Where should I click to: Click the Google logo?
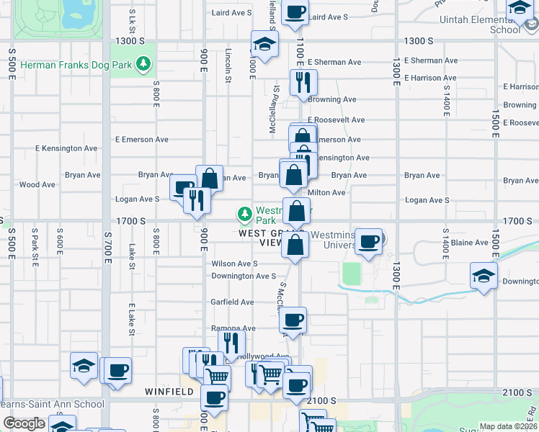(x=24, y=423)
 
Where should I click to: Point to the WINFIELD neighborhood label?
(x=169, y=392)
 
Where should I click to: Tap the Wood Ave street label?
(x=37, y=184)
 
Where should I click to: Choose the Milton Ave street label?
(x=326, y=192)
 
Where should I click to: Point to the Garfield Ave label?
(x=232, y=302)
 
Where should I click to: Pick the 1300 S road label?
(x=419, y=41)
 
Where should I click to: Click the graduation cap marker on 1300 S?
(x=264, y=44)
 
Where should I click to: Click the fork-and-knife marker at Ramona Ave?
(x=231, y=342)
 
